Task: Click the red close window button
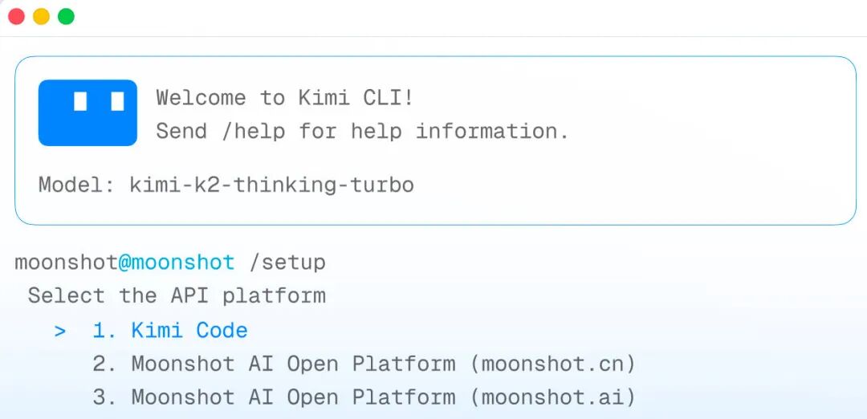click(17, 17)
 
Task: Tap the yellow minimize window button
click(42, 17)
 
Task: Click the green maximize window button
click(67, 17)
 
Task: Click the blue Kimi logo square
click(88, 112)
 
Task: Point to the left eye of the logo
click(81, 102)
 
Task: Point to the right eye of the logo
click(117, 102)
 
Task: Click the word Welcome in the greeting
click(201, 99)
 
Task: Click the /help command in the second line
click(254, 132)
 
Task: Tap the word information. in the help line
click(492, 132)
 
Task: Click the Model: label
click(76, 185)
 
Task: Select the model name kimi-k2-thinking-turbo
click(272, 185)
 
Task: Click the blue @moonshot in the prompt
click(177, 262)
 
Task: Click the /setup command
click(287, 262)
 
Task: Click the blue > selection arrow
click(60, 332)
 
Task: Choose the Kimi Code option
click(189, 331)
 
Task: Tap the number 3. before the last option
click(105, 397)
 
